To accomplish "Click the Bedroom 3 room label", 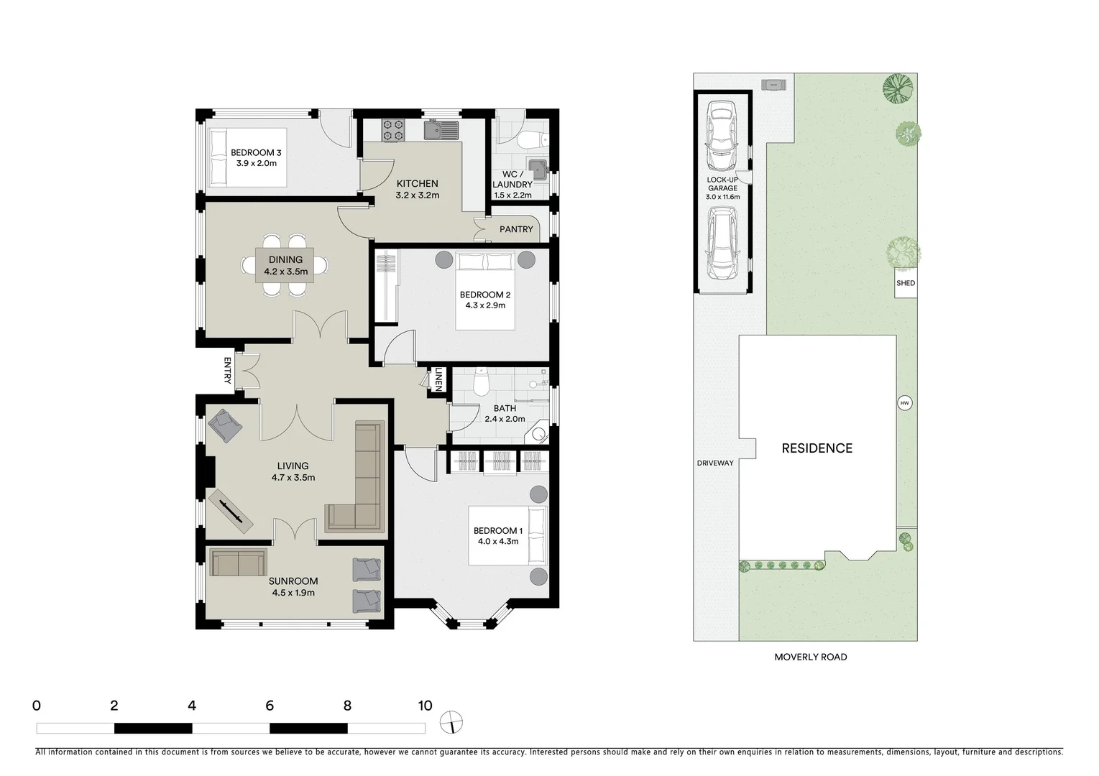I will pyautogui.click(x=256, y=152).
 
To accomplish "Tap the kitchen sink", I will pyautogui.click(x=441, y=130).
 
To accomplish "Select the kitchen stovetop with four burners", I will pyautogui.click(x=392, y=129).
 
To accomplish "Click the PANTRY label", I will pyautogui.click(x=516, y=229).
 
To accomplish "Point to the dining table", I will pyautogui.click(x=285, y=265).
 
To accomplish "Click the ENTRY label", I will pyautogui.click(x=228, y=370).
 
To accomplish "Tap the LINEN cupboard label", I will pyautogui.click(x=438, y=380).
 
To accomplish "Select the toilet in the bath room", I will pyautogui.click(x=482, y=382).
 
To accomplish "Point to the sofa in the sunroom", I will pyautogui.click(x=238, y=563).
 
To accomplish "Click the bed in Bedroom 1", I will pyautogui.click(x=507, y=535).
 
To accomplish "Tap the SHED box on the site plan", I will pyautogui.click(x=906, y=283).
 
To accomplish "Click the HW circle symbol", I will pyautogui.click(x=904, y=403).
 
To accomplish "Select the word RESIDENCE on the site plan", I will pyautogui.click(x=817, y=448).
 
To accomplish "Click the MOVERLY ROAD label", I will pyautogui.click(x=810, y=657).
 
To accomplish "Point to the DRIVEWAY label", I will pyautogui.click(x=714, y=463).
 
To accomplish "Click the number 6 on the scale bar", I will pyautogui.click(x=270, y=706).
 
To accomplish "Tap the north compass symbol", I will pyautogui.click(x=451, y=722).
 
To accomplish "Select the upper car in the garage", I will pyautogui.click(x=722, y=133).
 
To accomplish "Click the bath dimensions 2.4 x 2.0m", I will pyautogui.click(x=505, y=419).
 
